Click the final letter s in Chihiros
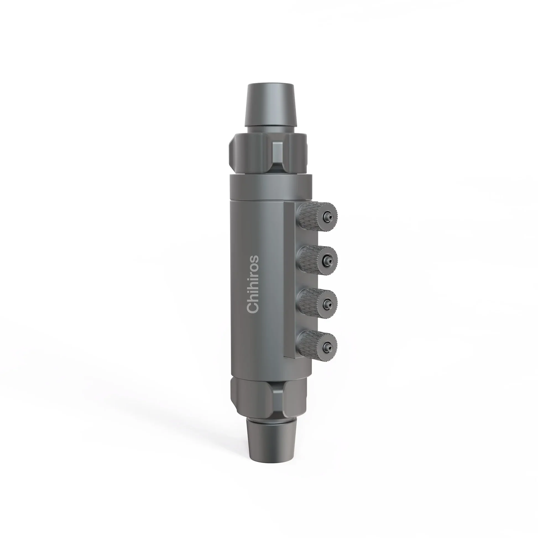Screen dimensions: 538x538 254,260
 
